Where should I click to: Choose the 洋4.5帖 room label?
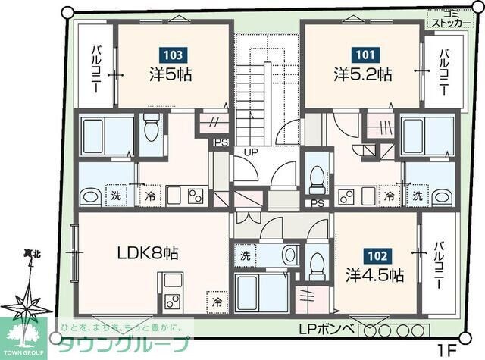click(x=374, y=274)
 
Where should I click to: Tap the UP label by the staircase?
click(x=248, y=151)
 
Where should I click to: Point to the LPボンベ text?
click(x=326, y=330)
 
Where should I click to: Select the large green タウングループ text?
click(x=120, y=343)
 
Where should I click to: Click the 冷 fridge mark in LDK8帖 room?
click(x=217, y=302)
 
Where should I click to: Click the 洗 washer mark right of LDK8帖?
click(x=246, y=256)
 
